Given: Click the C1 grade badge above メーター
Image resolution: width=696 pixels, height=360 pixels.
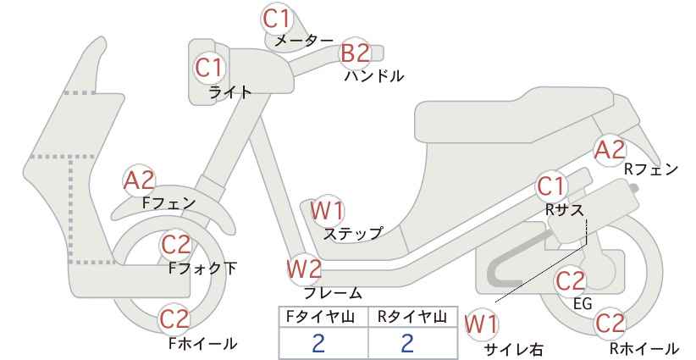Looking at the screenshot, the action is [x=277, y=19].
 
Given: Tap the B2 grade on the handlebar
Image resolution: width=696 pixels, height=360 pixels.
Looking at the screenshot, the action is [x=355, y=53].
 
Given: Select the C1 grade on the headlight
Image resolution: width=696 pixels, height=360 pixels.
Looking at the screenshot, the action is [x=208, y=68].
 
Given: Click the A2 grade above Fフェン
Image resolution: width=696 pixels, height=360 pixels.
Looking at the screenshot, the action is [x=139, y=180].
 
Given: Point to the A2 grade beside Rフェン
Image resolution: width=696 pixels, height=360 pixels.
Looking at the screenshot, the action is [x=610, y=150].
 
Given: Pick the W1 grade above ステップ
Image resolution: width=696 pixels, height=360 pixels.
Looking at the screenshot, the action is [x=327, y=210].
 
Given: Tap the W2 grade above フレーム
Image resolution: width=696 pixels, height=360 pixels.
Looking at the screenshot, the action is [x=305, y=269].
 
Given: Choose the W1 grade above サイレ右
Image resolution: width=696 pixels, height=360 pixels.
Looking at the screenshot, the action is [x=481, y=324].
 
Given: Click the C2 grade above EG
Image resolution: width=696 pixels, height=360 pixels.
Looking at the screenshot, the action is [x=571, y=281].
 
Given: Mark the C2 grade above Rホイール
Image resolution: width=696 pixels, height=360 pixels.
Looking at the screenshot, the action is [x=610, y=324].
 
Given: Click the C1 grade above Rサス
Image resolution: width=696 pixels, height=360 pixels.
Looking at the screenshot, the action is [x=550, y=187].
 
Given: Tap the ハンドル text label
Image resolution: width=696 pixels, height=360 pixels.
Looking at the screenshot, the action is [x=374, y=76].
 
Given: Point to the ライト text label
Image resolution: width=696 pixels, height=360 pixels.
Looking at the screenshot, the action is [x=230, y=91].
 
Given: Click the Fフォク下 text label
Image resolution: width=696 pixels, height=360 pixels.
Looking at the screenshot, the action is [x=202, y=269].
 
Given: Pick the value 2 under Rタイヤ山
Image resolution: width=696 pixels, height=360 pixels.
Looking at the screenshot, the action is [x=407, y=343].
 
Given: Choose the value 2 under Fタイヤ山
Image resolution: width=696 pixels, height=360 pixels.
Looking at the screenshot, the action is [x=318, y=343].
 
